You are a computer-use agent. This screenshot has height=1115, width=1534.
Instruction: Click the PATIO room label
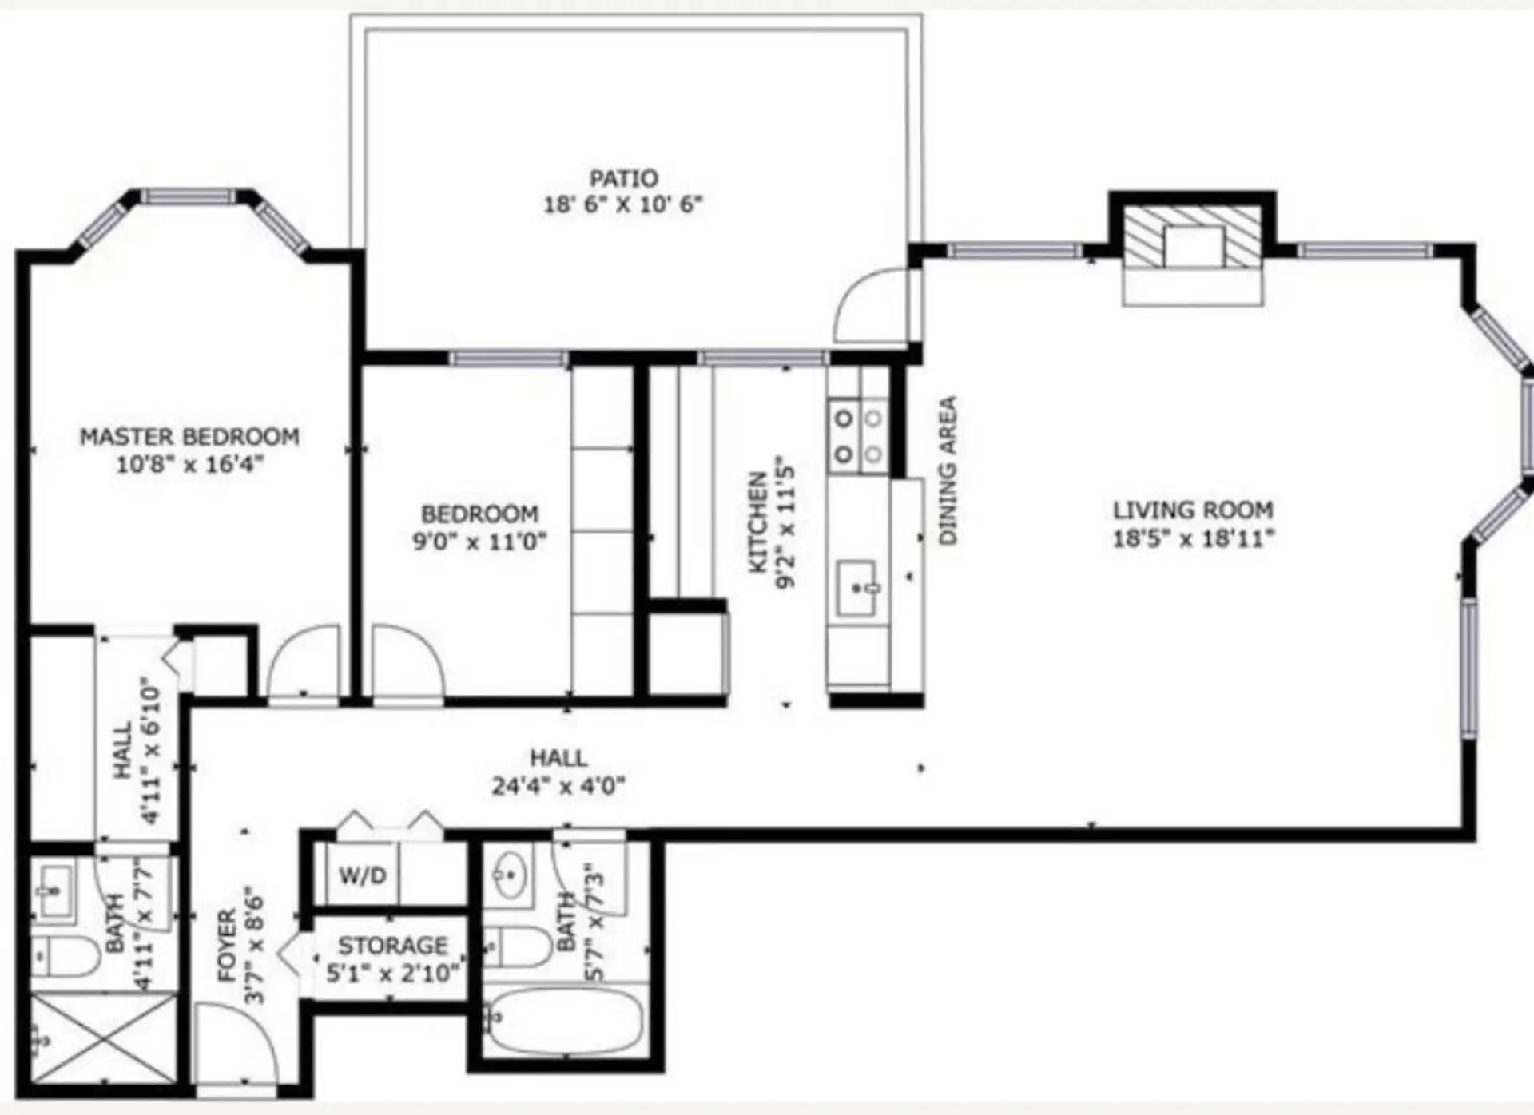point(623,177)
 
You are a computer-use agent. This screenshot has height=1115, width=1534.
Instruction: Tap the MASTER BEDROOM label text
point(189,437)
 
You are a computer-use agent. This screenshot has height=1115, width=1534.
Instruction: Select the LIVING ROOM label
point(1193,510)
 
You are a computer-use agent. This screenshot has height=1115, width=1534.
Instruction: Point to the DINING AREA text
point(948,470)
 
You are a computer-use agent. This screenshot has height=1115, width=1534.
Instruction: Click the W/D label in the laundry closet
point(362,875)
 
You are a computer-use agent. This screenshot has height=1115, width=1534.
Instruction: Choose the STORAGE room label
point(392,946)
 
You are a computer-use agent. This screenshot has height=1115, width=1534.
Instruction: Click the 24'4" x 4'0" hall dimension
point(558,786)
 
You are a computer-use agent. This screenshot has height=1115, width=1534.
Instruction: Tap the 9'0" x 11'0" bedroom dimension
point(479,542)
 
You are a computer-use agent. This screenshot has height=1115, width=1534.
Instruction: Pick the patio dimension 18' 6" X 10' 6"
point(623,204)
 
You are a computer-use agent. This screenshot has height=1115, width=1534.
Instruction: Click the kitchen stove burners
point(858,436)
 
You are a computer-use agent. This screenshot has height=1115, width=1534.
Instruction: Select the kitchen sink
point(856,587)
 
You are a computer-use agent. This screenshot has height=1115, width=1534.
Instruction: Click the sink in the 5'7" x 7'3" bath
point(508,874)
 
